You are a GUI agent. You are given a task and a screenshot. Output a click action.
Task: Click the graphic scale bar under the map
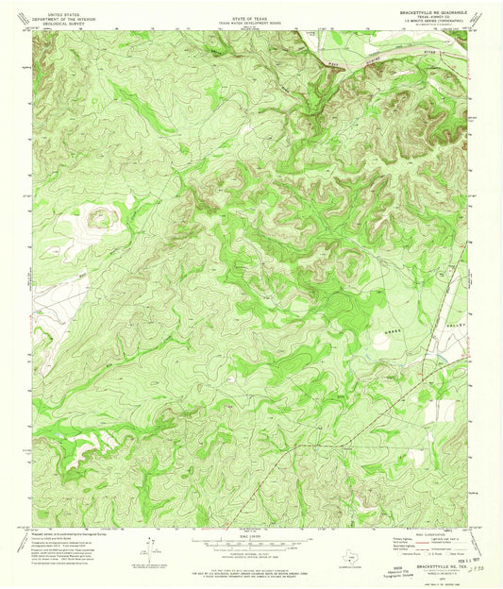click(x=251, y=541)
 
